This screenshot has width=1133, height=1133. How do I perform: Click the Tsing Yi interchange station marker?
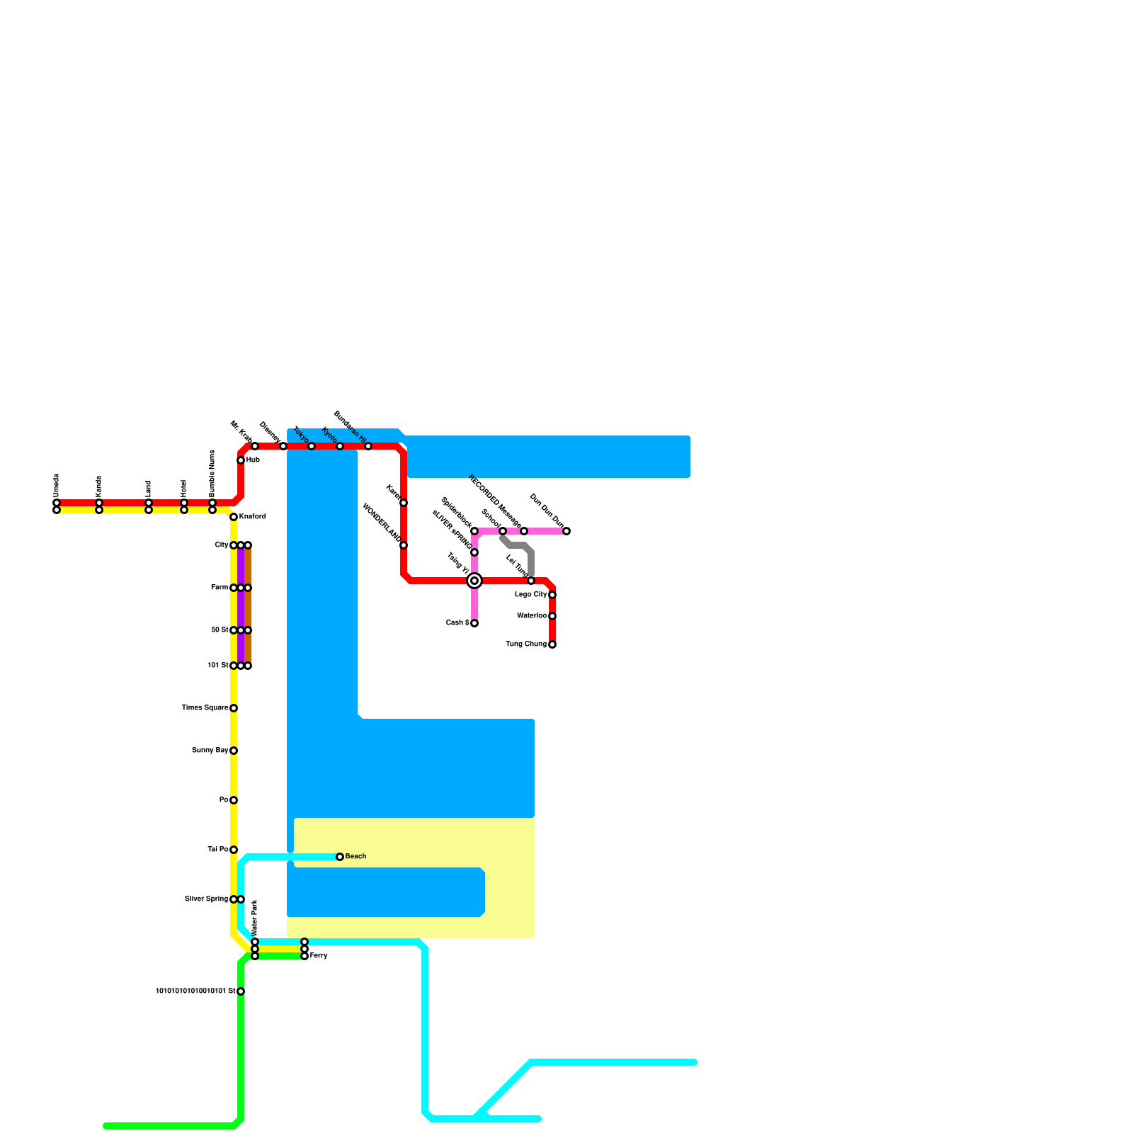pos(474,581)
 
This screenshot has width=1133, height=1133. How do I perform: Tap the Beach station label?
pos(355,857)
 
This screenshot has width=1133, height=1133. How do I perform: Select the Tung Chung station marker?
pos(552,644)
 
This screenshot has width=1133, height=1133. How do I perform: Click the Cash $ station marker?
pos(474,623)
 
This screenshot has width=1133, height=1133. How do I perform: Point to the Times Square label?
pos(205,708)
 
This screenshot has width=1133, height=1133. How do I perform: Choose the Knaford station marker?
pos(234,517)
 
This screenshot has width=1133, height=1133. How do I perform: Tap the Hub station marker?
pos(241,460)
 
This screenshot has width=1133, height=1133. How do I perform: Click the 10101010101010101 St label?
pos(195,991)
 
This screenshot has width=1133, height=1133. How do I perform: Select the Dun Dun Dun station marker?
pos(566,531)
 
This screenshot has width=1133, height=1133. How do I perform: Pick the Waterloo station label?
pos(532,616)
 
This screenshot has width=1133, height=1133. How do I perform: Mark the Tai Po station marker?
pos(234,850)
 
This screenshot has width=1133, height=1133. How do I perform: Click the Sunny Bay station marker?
pos(234,751)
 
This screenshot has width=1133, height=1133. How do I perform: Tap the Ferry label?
pos(319,956)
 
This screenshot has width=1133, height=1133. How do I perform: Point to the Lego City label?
pos(531,595)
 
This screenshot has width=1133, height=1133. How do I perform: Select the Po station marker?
pos(234,800)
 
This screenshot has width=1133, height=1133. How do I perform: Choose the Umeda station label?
pos(57,485)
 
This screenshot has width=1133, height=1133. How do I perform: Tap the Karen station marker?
pos(404,503)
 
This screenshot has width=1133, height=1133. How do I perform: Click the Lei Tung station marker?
pos(531,581)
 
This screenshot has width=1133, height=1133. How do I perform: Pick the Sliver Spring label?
pos(206,899)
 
